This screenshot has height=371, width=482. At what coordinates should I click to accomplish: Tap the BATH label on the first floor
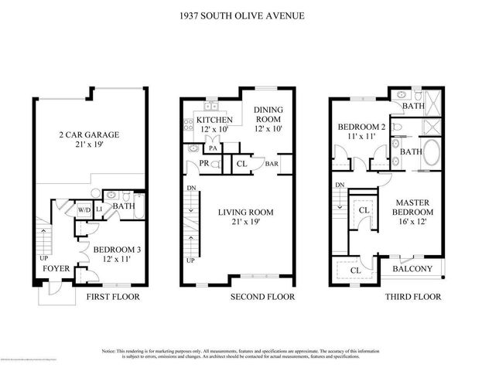[x=124, y=206]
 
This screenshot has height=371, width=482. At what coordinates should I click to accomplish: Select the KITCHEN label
[x=214, y=125]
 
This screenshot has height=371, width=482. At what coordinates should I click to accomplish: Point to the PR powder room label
[x=204, y=164]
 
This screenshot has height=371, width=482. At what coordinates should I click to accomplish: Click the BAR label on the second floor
[x=272, y=164]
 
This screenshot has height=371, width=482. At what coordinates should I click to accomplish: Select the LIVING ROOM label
[x=248, y=216]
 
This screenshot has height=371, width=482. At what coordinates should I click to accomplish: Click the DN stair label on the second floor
[x=189, y=187]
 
